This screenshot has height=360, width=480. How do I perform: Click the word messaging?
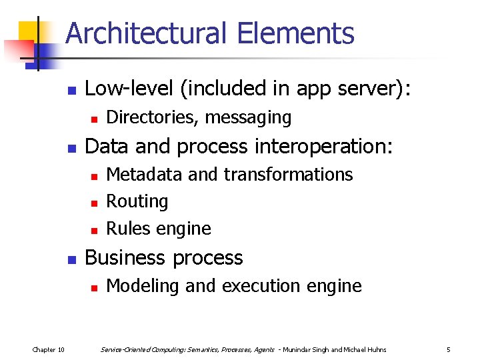click(249, 118)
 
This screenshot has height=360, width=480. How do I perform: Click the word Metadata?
click(145, 174)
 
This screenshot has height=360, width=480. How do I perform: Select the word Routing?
click(137, 201)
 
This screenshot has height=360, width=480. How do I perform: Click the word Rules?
click(128, 229)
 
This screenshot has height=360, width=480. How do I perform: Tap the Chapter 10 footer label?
click(48, 349)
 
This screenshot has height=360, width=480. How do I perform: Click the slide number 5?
click(449, 349)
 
